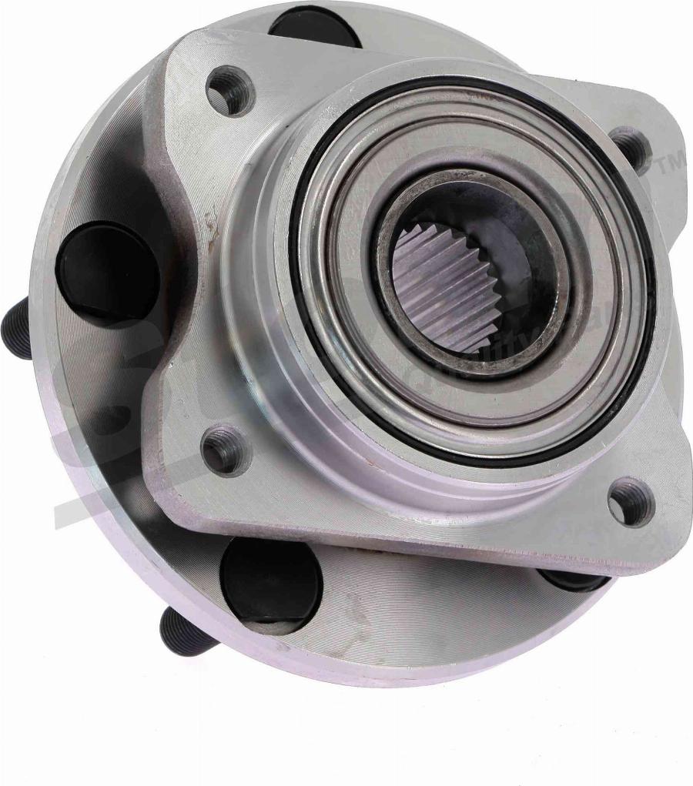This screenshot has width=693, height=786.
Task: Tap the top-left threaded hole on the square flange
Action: pyautogui.click(x=230, y=92)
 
